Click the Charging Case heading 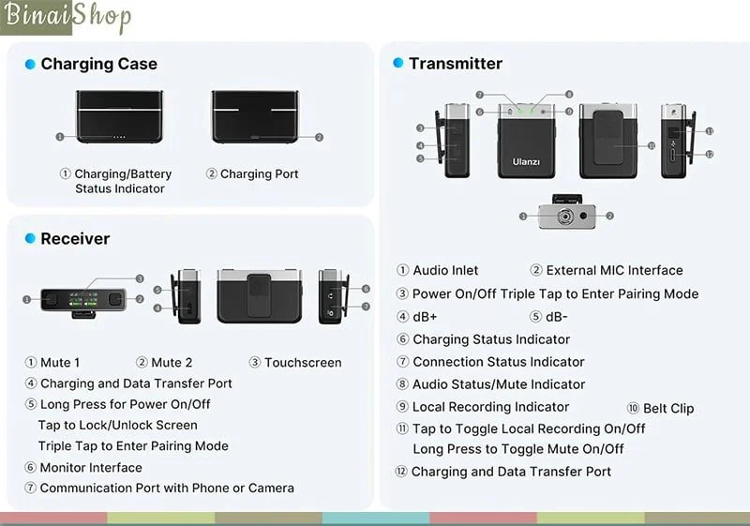[98, 64]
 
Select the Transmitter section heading [455, 63]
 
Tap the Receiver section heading [75, 238]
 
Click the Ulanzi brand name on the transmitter [526, 162]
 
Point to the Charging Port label [259, 173]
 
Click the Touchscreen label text [303, 362]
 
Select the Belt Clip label [668, 408]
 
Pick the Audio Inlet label [445, 270]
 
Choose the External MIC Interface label [614, 270]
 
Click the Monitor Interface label [91, 467]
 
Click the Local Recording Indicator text [490, 406]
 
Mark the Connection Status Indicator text [498, 361]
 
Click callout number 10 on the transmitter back [651, 145]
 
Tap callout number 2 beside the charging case [319, 137]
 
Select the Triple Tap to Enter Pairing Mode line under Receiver [133, 445]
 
